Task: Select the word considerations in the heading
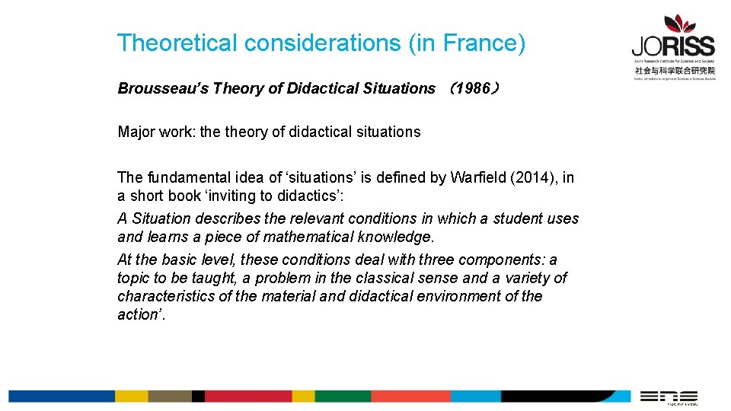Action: point(323,43)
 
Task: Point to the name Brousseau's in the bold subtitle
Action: point(162,88)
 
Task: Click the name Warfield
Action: point(477,178)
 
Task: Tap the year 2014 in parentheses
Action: point(533,178)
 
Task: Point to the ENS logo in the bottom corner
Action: point(668,397)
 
